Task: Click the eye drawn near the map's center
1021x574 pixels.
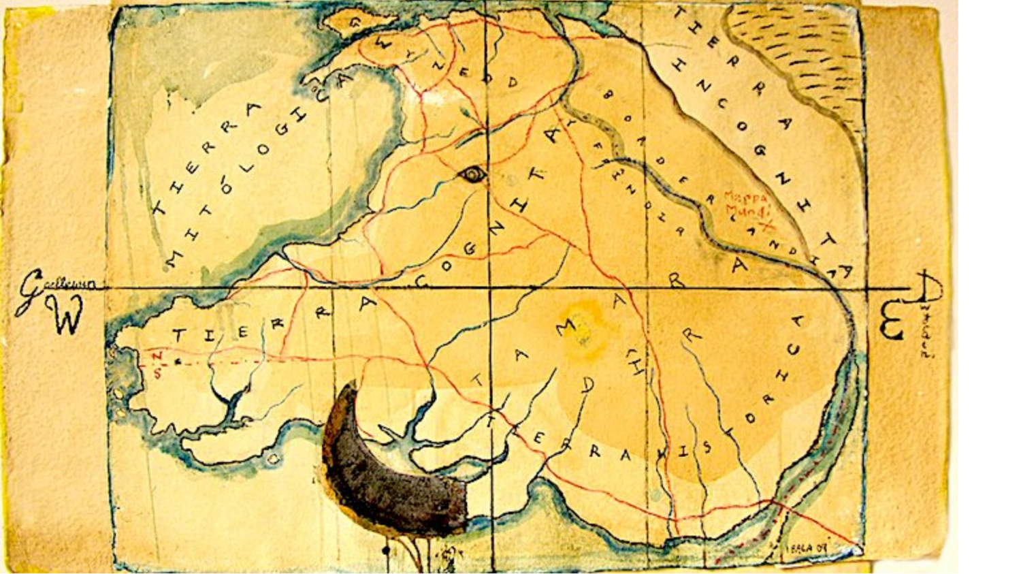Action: point(472,175)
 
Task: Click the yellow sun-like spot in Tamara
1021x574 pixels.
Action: point(583,330)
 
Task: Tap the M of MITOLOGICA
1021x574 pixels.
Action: point(176,259)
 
